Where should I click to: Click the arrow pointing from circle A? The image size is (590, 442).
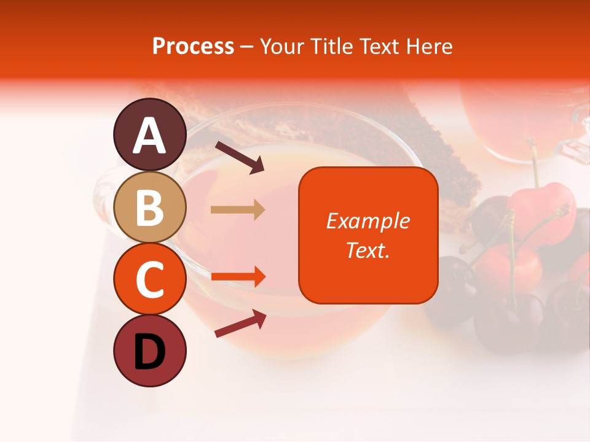240,157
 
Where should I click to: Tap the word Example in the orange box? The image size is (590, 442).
368,221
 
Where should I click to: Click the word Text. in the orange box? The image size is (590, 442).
368,250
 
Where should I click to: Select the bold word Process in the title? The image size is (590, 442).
193,46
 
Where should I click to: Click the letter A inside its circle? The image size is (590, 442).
150,136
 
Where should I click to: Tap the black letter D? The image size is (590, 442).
150,352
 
